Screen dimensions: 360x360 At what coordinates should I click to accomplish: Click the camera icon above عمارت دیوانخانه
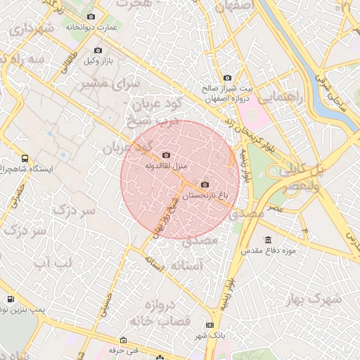(90, 16)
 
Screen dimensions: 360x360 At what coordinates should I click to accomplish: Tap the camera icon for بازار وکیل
(98, 51)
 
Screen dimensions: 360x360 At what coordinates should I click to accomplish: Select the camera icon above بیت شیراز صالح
(226, 78)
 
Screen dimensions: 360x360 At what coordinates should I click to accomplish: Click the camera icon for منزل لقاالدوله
(166, 155)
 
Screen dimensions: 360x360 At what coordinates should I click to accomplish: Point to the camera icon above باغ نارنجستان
(205, 185)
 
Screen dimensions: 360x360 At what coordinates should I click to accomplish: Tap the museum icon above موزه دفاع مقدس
(268, 240)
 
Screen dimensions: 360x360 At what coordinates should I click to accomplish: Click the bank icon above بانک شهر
(210, 325)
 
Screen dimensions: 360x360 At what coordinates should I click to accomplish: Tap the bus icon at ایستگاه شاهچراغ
(25, 159)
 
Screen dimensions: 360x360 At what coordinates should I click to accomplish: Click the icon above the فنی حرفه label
(123, 340)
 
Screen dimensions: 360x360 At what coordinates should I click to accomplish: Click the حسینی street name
(108, 303)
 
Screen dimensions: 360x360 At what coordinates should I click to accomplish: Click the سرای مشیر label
(108, 84)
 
